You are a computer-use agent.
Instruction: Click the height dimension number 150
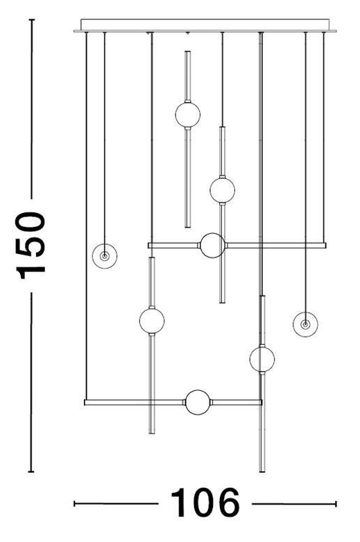point(31,246)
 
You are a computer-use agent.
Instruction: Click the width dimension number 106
point(205,503)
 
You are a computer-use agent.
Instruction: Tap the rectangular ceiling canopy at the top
point(205,25)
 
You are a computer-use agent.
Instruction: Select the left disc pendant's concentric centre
point(104,256)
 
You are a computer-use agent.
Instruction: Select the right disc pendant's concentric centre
point(305,324)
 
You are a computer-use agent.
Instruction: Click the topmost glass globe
point(187,115)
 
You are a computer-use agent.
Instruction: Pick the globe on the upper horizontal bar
point(213,246)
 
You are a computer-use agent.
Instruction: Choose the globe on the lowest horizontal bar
point(198,402)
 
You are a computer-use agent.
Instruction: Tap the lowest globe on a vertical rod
point(262,359)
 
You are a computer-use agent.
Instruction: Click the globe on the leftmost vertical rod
point(152,321)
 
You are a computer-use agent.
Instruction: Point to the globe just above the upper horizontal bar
point(222,189)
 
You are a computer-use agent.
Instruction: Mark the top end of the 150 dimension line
point(31,19)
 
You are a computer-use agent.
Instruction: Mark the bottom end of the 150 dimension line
point(31,471)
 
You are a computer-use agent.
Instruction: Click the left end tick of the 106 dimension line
point(74,504)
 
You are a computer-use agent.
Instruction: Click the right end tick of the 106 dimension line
point(336,504)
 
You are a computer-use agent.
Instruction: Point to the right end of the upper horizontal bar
point(325,246)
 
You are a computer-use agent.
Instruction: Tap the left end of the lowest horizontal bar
point(85,403)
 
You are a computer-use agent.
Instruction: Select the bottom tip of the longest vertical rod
point(262,471)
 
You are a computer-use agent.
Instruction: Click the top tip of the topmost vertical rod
point(187,51)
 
